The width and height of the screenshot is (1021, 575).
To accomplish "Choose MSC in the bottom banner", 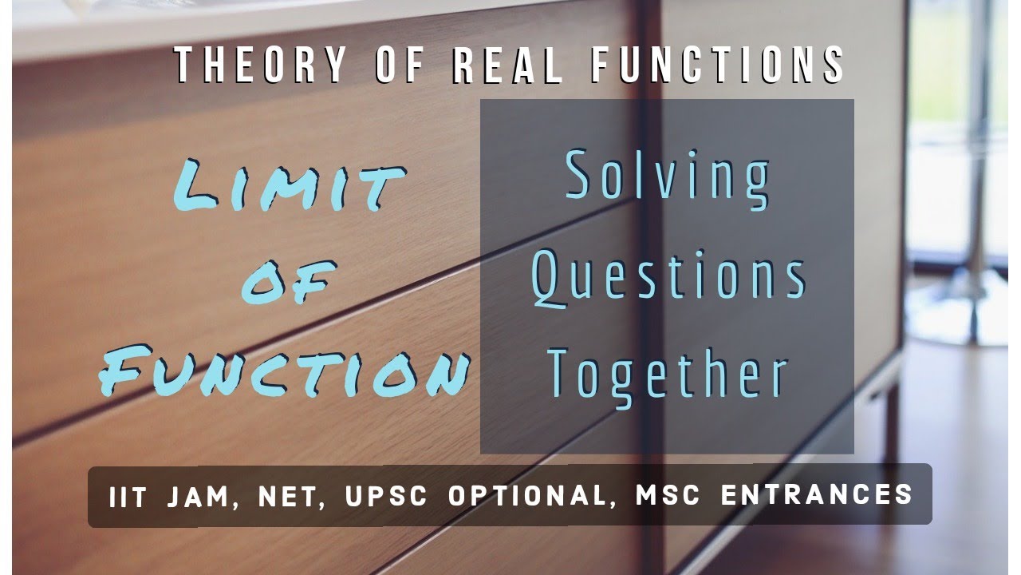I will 668,496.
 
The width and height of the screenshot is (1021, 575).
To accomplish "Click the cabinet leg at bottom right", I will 891,431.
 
